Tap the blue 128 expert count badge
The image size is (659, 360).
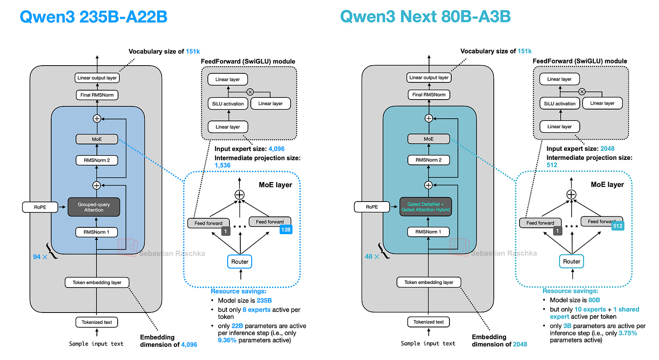click(x=286, y=230)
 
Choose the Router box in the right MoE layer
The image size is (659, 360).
click(x=571, y=261)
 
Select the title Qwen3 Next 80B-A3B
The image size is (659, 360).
click(x=425, y=17)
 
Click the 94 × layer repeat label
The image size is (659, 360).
click(x=43, y=256)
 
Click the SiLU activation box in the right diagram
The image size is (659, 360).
click(x=559, y=104)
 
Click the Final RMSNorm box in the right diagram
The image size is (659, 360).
click(x=428, y=95)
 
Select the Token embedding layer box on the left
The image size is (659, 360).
click(x=97, y=283)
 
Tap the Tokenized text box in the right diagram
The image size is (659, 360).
click(x=428, y=322)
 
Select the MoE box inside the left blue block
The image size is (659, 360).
click(x=97, y=139)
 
